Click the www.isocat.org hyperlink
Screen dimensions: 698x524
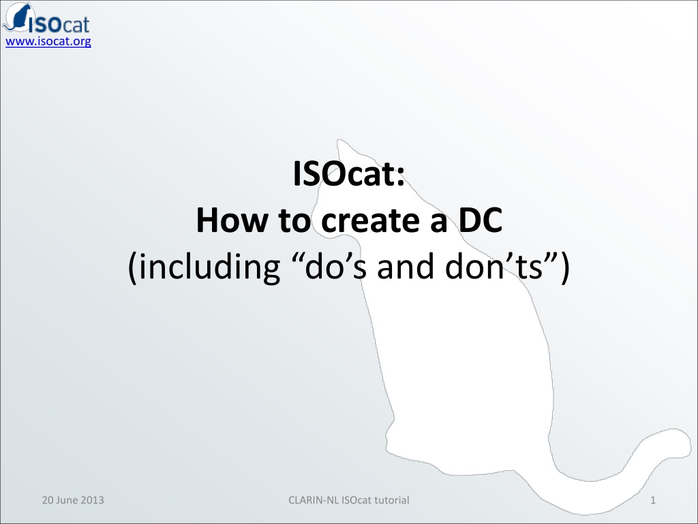coord(48,42)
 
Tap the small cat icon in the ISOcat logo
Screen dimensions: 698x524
coord(17,17)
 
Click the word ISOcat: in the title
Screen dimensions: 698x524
coord(349,174)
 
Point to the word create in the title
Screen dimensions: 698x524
coord(370,221)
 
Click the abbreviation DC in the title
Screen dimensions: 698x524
coord(481,220)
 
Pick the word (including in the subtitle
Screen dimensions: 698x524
coord(204,267)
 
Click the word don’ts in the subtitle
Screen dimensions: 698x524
coord(494,267)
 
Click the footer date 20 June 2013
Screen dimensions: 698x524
coord(73,500)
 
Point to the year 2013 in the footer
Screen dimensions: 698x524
coord(93,500)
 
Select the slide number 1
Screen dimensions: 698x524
coord(653,500)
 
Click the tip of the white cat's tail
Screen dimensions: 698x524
coord(689,439)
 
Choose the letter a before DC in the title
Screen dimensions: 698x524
coord(438,224)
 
